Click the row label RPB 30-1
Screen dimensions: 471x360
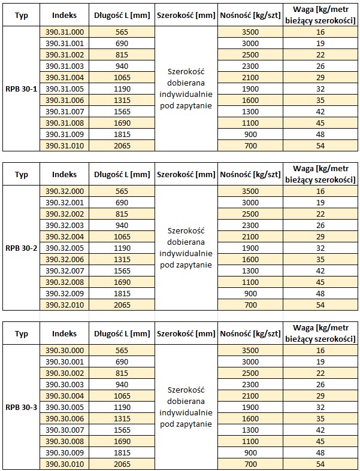(21, 89)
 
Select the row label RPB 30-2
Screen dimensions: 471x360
(21, 248)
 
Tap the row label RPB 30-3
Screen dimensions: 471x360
(21, 407)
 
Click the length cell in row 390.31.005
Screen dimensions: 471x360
(122, 89)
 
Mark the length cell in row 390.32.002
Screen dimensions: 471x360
(122, 214)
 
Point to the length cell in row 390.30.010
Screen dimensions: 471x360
(122, 464)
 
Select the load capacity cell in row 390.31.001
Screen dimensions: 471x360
(250, 44)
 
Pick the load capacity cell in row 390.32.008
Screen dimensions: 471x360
(250, 282)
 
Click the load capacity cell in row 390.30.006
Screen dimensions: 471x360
(250, 418)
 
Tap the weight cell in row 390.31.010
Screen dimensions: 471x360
(320, 146)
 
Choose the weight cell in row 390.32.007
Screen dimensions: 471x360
(320, 271)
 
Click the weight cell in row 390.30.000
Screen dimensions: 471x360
(320, 350)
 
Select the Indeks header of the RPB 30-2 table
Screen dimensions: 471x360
(64, 175)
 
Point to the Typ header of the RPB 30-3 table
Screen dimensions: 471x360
(21, 333)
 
